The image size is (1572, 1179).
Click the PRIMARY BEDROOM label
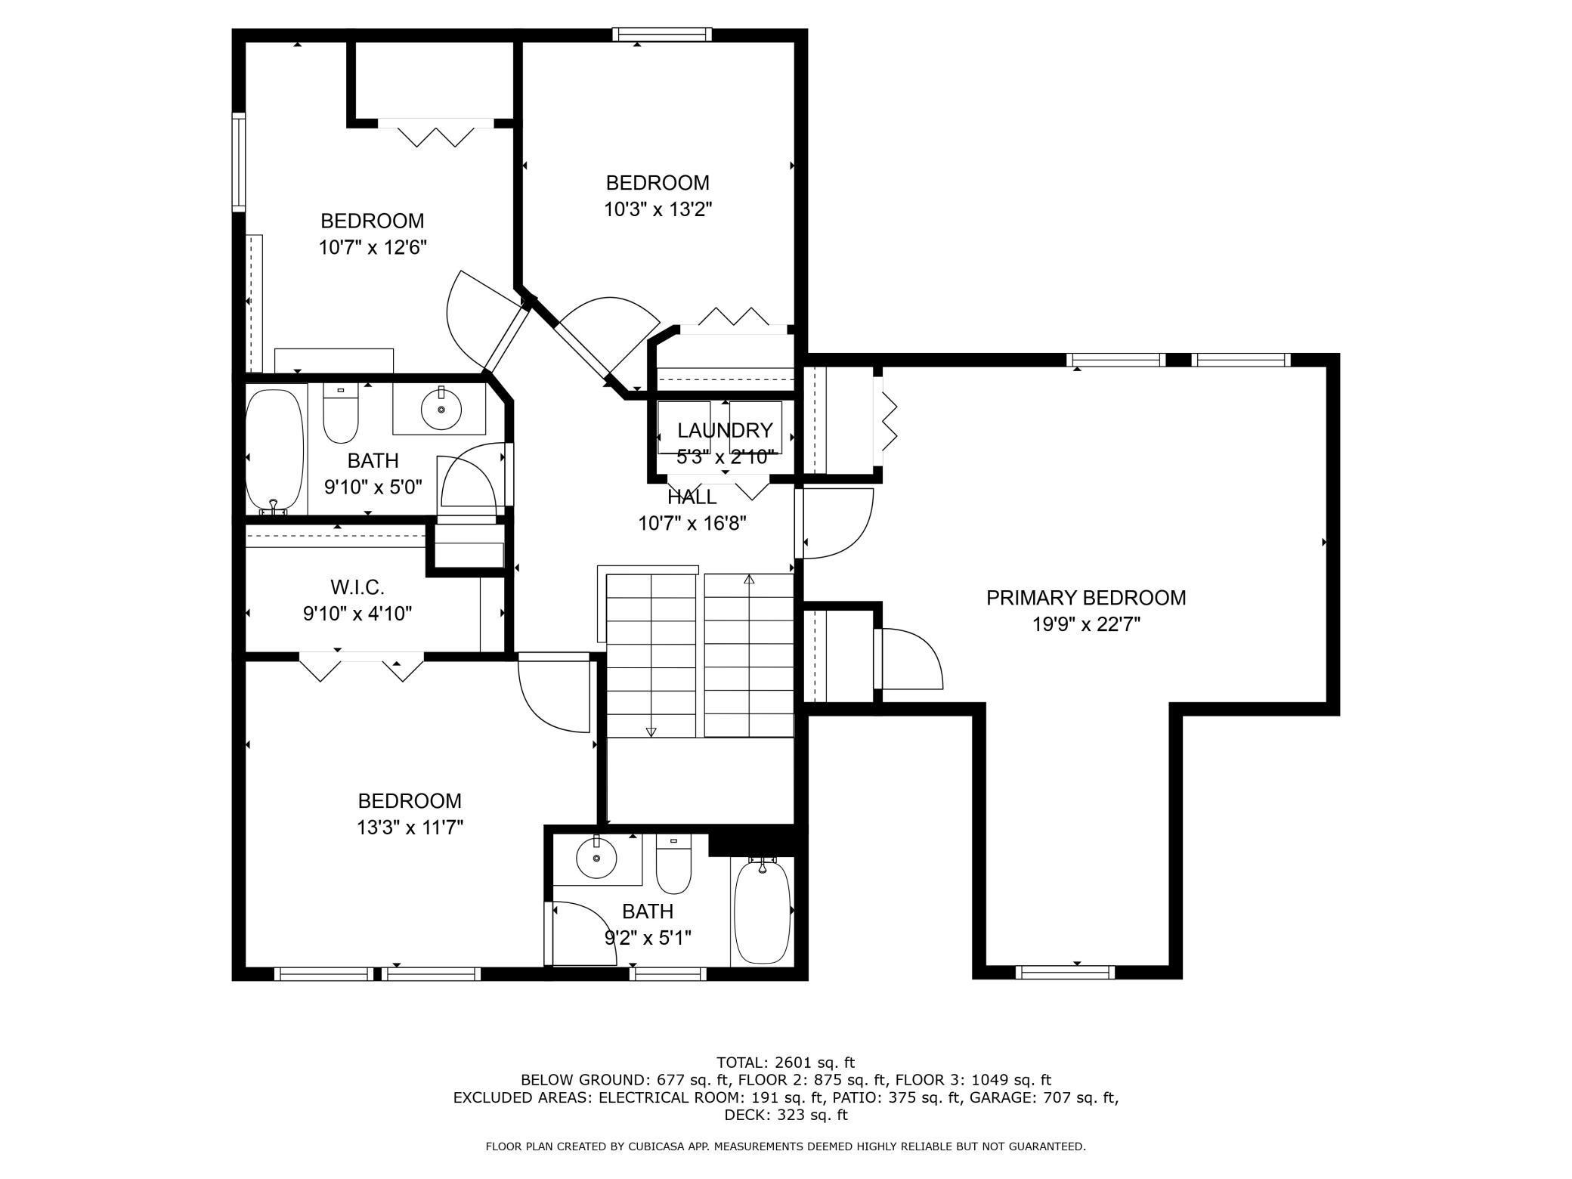pos(1086,598)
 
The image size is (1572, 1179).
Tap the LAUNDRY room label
pos(725,430)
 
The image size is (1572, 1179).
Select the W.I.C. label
pos(357,586)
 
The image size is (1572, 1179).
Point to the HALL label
pos(692,497)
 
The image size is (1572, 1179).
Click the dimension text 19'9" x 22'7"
pos(1086,624)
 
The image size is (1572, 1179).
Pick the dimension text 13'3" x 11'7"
pos(410,828)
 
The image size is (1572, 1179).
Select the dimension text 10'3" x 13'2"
pos(658,209)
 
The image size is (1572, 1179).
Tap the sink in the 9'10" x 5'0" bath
pos(441,409)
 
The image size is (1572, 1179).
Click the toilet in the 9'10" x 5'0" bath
pos(340,413)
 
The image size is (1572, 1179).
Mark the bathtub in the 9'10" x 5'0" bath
pos(276,451)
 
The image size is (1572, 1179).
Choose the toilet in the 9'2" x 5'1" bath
pos(673,865)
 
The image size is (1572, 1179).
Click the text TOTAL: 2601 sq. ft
pos(785,1063)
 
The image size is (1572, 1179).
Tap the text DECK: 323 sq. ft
pos(786,1115)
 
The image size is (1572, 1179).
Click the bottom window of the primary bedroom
pos(1065,972)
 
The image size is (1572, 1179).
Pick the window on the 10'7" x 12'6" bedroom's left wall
pos(239,161)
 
